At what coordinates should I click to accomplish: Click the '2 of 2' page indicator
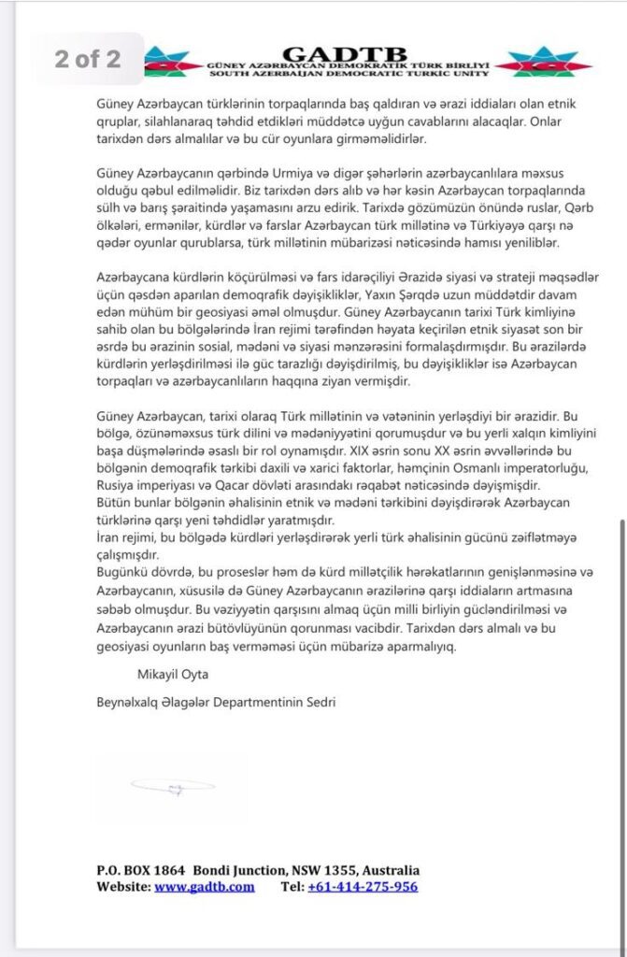point(88,58)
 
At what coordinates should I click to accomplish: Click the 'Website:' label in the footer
point(123,887)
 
